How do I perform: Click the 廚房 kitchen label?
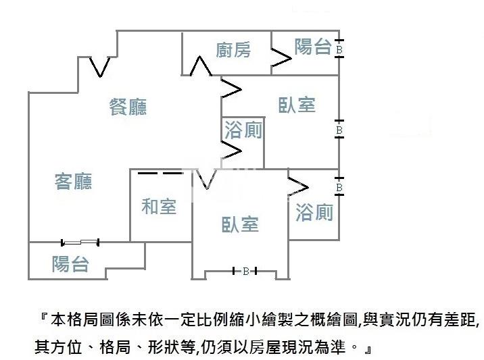[233, 50]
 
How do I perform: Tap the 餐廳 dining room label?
[128, 107]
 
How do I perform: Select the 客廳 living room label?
[73, 181]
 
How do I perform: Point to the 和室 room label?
[159, 207]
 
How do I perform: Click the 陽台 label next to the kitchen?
[312, 47]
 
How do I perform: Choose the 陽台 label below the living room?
[70, 263]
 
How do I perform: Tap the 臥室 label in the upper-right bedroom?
[297, 105]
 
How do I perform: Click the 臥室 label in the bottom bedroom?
[240, 224]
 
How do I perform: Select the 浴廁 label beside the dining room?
[243, 130]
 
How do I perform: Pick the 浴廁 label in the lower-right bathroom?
[314, 213]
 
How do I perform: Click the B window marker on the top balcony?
[339, 49]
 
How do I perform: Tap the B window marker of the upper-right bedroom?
[339, 129]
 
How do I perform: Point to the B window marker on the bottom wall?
[246, 272]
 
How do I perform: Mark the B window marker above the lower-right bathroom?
[339, 187]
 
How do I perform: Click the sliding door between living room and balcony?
[80, 242]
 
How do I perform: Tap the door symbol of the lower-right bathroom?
[298, 186]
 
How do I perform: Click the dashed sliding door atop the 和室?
[160, 173]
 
